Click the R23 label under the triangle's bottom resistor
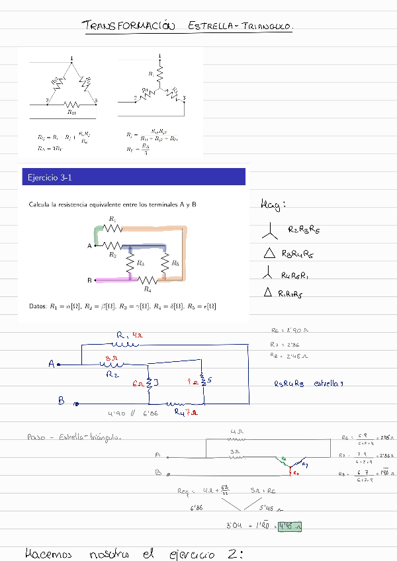72,112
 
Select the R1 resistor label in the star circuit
152,73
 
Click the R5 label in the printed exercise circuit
175,263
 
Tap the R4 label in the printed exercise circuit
148,289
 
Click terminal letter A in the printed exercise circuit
89,246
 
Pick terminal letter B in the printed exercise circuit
89,280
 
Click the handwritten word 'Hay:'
273,206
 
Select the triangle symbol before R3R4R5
269,253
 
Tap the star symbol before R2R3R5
269,231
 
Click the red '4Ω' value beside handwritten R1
137,335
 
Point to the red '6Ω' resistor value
139,383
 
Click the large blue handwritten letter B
61,400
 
